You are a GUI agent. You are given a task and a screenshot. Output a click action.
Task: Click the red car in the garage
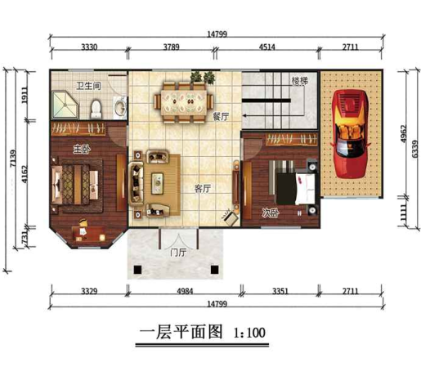[352, 133]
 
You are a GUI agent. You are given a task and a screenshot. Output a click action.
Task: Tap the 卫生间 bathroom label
[87, 86]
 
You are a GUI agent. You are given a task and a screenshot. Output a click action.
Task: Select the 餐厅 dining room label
[220, 117]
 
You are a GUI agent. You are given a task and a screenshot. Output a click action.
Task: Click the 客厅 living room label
[203, 188]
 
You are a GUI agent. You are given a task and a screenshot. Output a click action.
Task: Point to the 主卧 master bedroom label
[81, 149]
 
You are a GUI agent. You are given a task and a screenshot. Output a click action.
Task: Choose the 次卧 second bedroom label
[271, 213]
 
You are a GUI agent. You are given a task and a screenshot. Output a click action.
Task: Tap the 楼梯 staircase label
[299, 82]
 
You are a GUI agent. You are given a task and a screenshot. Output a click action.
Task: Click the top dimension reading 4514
[266, 48]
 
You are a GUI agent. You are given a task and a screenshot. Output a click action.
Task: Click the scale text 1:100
[249, 333]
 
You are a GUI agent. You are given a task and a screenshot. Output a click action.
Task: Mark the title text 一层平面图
[181, 333]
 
